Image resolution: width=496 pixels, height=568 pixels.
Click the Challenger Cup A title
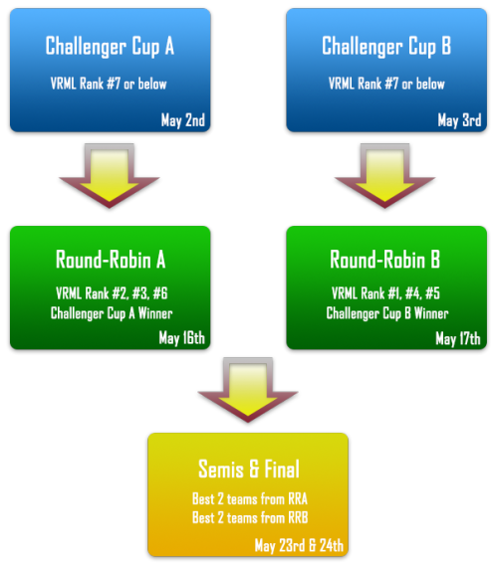110,47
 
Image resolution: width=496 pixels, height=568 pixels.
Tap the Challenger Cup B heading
386,47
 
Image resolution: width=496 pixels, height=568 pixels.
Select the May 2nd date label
183,120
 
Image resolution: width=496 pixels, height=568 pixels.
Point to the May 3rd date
460,120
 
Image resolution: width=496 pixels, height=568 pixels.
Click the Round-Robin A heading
111,260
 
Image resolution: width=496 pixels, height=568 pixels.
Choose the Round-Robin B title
385,260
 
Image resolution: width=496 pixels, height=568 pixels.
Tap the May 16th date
181,338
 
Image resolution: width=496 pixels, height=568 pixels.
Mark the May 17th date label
458,338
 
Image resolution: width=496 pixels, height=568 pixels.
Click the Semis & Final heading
249,469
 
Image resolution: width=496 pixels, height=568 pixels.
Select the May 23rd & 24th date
299,545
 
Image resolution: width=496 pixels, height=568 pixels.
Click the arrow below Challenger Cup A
110,176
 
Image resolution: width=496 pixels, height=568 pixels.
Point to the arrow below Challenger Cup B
385,176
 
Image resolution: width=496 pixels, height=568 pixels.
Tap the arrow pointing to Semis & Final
248,390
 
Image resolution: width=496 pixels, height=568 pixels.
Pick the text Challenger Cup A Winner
112,313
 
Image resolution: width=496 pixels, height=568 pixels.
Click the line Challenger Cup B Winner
387,313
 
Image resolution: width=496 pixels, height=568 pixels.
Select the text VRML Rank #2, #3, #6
112,293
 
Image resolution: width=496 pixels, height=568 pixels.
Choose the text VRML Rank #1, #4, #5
385,293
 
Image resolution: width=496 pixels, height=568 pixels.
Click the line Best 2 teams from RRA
250,499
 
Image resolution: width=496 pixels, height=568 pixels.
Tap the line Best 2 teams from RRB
250,518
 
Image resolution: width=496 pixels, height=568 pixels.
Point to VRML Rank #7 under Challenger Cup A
86,84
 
